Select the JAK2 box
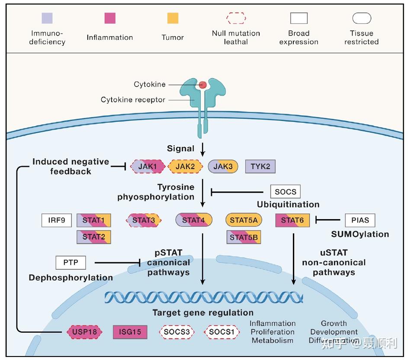186,166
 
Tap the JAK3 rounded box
223,166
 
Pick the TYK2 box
260,166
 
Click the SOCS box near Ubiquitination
285,191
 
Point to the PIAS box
360,220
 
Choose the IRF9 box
57,220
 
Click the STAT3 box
144,220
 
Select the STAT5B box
244,237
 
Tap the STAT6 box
292,220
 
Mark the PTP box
71,262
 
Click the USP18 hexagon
85,332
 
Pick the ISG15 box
130,332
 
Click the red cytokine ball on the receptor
202,85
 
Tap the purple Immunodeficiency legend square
48,18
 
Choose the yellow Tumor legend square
173,18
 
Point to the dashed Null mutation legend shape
236,18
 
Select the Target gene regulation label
203,312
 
